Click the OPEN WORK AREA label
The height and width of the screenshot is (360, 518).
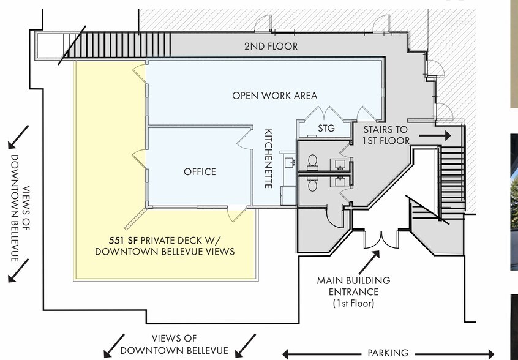(274, 96)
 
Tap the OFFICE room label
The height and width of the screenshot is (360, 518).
(200, 171)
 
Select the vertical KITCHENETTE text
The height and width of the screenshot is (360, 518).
(268, 158)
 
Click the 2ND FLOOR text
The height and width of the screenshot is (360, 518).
(271, 47)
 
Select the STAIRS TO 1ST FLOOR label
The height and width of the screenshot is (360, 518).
(386, 135)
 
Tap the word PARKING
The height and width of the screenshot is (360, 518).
(388, 353)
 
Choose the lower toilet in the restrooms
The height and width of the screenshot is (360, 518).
(312, 183)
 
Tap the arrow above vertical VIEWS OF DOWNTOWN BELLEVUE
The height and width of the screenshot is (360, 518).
(18, 137)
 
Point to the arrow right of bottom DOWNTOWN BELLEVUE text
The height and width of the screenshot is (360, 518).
(245, 345)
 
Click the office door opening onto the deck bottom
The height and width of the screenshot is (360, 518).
(235, 215)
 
